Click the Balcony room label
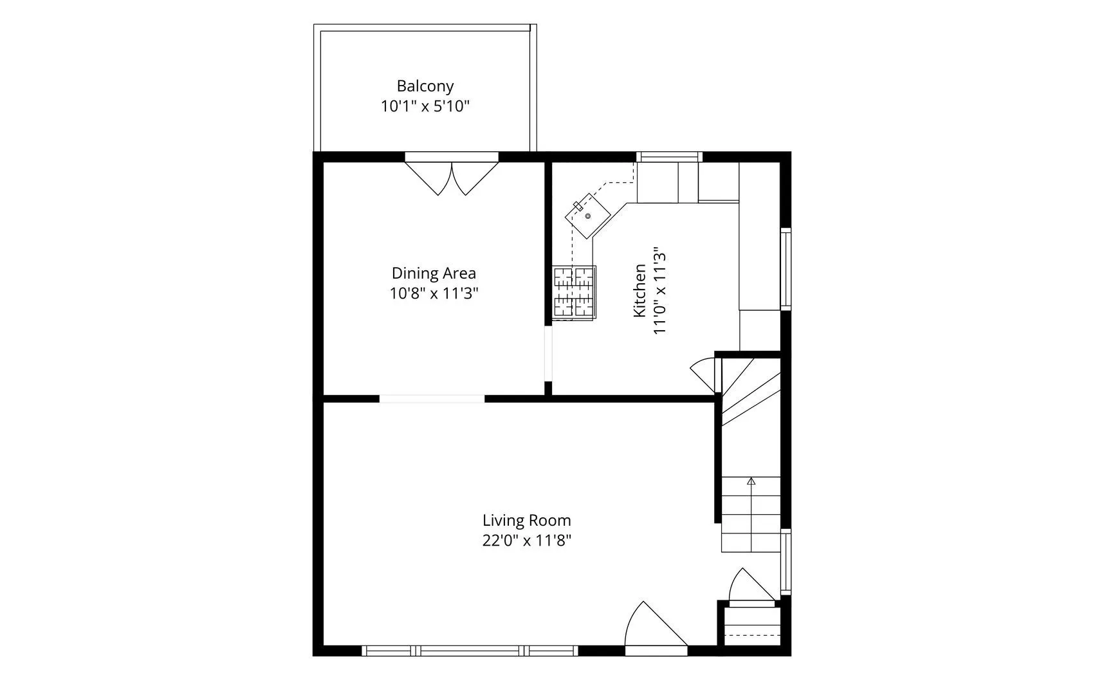point(425,86)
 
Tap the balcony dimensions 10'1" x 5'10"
point(425,106)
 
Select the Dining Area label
point(434,273)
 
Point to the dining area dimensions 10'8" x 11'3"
point(434,293)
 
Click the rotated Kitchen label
point(639,290)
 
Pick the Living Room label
point(527,520)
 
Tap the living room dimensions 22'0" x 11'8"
point(527,541)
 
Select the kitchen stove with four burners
point(574,293)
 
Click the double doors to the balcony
point(452,177)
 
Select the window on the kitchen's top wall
point(669,156)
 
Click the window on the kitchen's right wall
point(786,268)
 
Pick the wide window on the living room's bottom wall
point(470,651)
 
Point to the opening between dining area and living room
point(432,398)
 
